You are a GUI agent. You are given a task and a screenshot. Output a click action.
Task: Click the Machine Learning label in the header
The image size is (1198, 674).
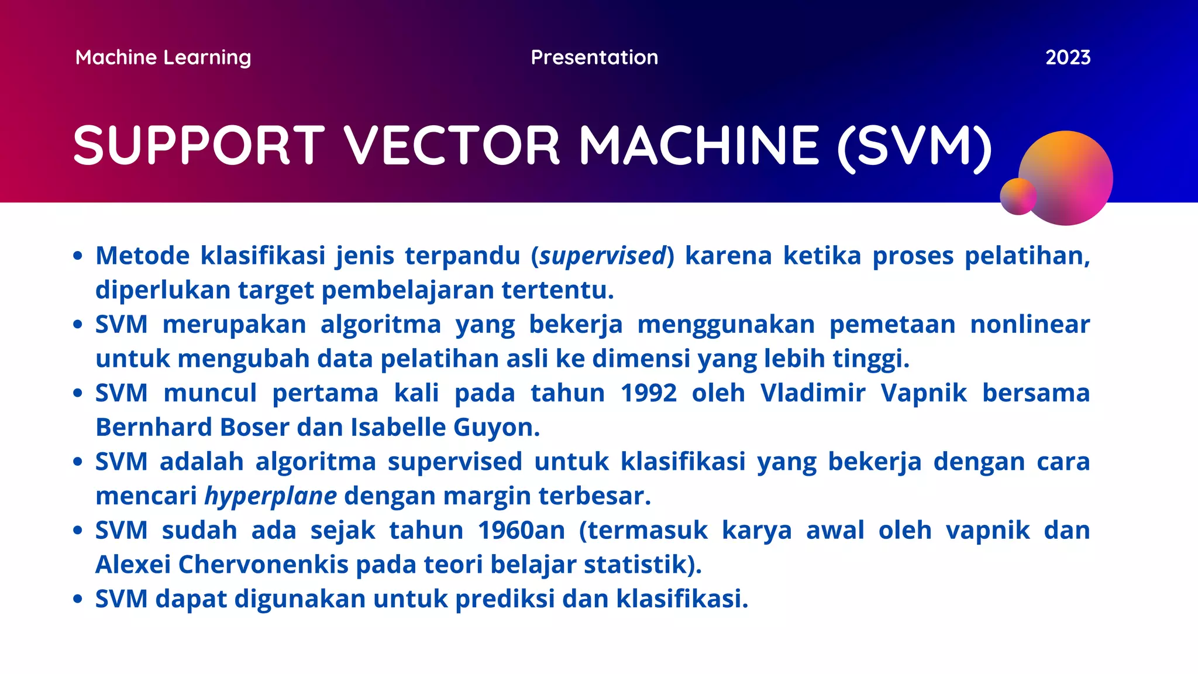click(x=163, y=57)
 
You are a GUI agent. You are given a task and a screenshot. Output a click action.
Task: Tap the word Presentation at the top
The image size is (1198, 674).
click(x=594, y=57)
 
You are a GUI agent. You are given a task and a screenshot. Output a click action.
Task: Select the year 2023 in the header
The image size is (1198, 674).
click(x=1068, y=57)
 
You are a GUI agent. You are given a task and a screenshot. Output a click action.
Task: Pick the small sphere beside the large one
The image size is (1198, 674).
click(x=1018, y=197)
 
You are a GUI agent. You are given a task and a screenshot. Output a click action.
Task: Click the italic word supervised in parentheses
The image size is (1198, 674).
click(x=603, y=256)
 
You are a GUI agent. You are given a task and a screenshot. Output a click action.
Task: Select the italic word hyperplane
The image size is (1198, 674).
click(x=270, y=496)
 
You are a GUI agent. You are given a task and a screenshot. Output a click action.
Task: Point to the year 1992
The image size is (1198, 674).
click(x=648, y=393)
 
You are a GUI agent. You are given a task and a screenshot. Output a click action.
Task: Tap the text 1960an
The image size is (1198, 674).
click(x=521, y=531)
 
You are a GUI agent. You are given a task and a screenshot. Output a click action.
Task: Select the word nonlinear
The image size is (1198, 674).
click(x=1030, y=324)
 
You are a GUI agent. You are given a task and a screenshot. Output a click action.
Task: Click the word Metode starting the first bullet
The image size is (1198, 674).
click(x=143, y=256)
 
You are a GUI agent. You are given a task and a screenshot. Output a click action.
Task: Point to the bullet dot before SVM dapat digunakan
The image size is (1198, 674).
click(x=78, y=599)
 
